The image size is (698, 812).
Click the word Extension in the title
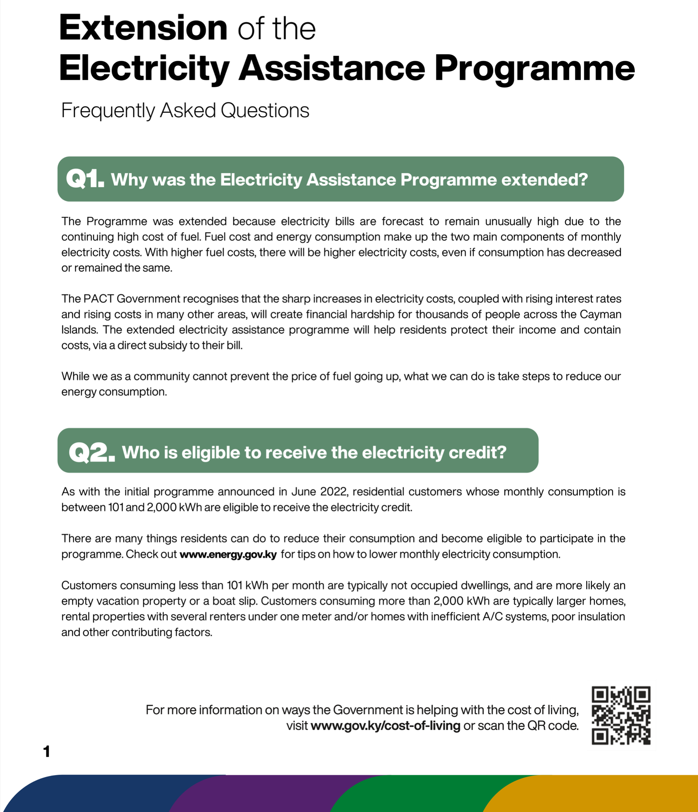143,28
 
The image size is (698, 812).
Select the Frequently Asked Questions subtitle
185,110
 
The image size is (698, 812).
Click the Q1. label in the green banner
85,180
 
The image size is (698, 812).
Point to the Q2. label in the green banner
92,452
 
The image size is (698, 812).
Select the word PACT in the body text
98,299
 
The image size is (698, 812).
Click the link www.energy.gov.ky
228,554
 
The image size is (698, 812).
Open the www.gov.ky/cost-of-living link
385,726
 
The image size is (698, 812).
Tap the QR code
621,715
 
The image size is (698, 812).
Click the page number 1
47,751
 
